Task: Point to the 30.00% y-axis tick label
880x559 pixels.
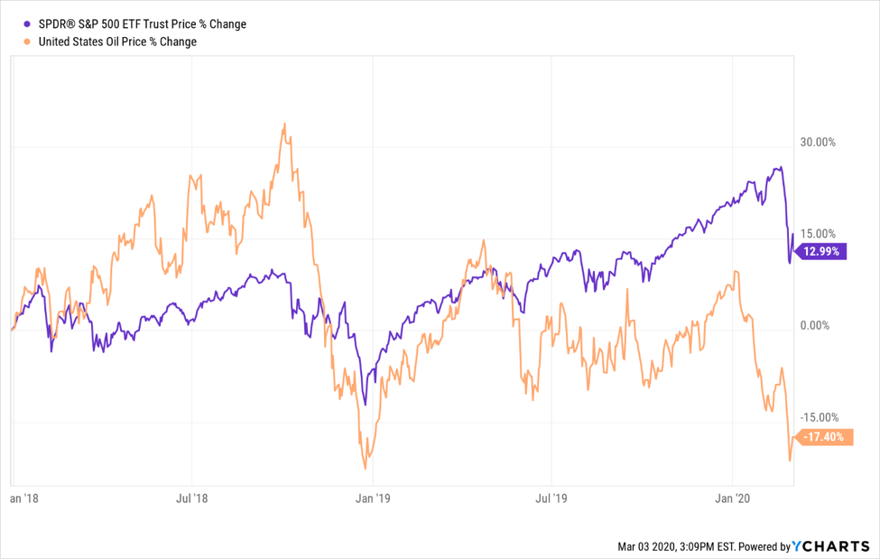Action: coord(818,143)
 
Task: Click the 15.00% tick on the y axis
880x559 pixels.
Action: coord(818,234)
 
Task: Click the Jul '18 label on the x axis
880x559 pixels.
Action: coord(190,498)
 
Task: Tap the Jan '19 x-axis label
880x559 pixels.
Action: coord(371,498)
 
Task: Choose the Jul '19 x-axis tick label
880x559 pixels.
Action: coord(551,498)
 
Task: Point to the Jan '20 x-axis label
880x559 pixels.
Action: coord(732,498)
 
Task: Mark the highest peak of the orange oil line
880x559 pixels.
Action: coord(284,125)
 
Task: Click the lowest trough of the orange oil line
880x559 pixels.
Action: coord(366,468)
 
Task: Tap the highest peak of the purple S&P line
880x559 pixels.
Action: coord(780,167)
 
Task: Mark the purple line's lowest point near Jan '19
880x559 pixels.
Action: coord(364,405)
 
